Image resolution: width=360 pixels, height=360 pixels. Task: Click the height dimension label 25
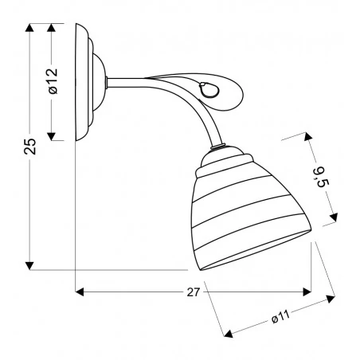click(29, 147)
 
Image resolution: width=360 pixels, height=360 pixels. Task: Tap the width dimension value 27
click(191, 292)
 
